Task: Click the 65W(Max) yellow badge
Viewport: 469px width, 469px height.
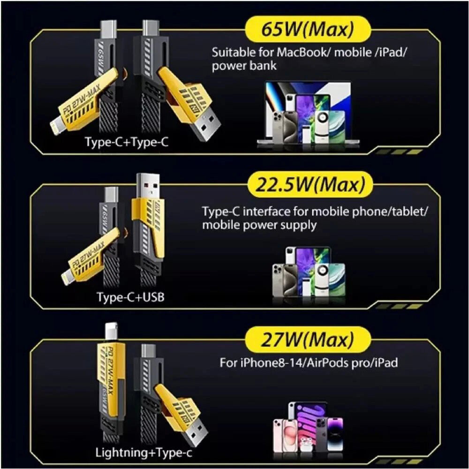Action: tap(308, 29)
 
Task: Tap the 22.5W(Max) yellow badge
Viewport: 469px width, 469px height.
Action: tap(310, 184)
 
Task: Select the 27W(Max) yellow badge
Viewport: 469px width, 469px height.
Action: tap(308, 340)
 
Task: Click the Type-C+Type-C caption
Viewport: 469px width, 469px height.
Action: tap(127, 142)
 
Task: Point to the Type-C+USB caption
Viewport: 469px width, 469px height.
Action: tap(130, 297)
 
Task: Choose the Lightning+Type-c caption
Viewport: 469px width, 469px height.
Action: tap(144, 453)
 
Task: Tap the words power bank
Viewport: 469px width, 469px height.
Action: tap(244, 66)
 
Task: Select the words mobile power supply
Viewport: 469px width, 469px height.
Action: tap(259, 225)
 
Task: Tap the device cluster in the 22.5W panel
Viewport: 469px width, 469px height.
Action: tap(309, 272)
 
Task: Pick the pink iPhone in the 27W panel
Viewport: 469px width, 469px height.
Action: tap(286, 436)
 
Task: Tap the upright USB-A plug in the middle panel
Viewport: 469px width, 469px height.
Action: tap(148, 186)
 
